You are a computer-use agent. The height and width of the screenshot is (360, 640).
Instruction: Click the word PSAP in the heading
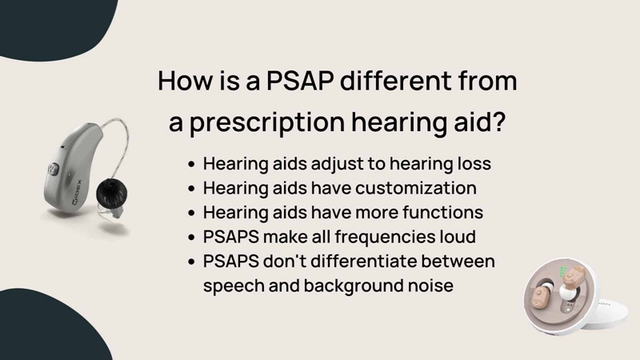tap(300, 81)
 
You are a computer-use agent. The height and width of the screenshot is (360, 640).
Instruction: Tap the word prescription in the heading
tap(267, 122)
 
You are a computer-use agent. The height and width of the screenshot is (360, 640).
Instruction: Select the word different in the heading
tap(396, 80)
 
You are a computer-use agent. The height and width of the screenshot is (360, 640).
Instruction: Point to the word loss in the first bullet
tap(474, 164)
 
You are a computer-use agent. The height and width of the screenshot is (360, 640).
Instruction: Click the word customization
tap(415, 188)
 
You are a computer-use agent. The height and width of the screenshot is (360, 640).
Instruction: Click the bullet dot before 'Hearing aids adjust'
tap(192, 165)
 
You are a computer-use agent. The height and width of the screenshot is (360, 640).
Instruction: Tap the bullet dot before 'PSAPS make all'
tap(192, 238)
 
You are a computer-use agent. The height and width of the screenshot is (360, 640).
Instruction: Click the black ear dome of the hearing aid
tap(111, 193)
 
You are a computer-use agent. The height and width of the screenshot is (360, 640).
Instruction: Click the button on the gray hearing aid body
tap(54, 169)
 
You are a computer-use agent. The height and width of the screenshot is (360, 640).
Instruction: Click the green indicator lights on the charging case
tap(563, 271)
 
